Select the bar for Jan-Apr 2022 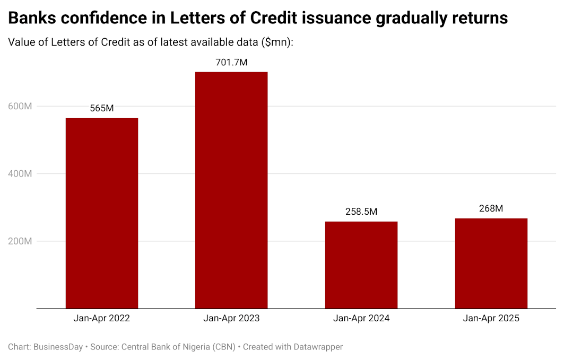(x=101, y=213)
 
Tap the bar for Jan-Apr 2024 (x=361, y=265)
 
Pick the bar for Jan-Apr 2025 (x=491, y=263)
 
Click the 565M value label (x=101, y=108)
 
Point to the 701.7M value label (x=231, y=62)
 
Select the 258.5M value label (x=361, y=212)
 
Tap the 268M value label (x=491, y=208)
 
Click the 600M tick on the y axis (x=20, y=106)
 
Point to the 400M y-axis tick (x=20, y=173)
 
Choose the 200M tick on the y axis (x=20, y=241)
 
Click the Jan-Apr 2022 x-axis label (x=101, y=319)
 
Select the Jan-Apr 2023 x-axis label (x=231, y=319)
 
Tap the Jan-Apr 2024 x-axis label (x=361, y=319)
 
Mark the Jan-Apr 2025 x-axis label (x=491, y=319)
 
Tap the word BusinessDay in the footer (x=58, y=347)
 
